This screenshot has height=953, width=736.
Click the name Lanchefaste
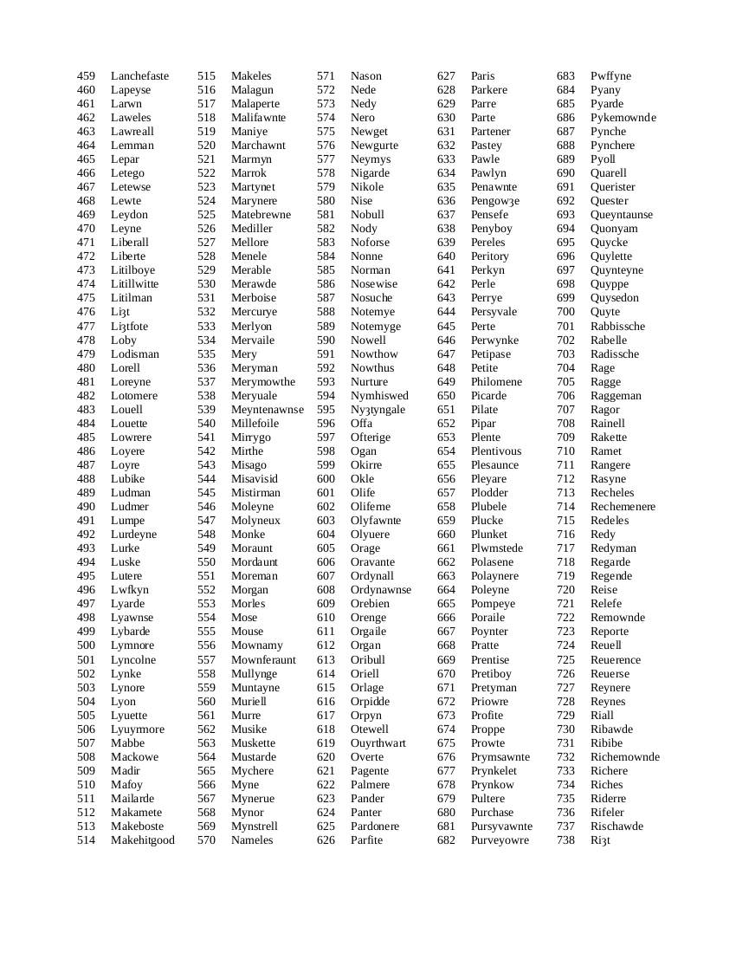139,76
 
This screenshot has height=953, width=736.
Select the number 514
86,840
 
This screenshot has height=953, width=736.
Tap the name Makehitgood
142,840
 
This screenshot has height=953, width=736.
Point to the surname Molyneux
255,521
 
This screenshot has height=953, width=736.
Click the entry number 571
326,76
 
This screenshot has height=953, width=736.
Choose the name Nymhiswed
379,396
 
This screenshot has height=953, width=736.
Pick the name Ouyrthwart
378,743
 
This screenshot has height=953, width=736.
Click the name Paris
482,76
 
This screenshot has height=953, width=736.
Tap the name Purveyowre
500,840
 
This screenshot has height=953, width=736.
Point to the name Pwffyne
610,76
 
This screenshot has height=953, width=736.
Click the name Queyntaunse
622,215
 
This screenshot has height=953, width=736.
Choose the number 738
565,840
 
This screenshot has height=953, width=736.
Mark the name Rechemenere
623,507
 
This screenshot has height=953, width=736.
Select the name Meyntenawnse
268,410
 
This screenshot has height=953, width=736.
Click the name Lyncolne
133,660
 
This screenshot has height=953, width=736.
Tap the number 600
326,479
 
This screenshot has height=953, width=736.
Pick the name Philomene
496,382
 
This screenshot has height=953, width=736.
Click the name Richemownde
624,757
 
